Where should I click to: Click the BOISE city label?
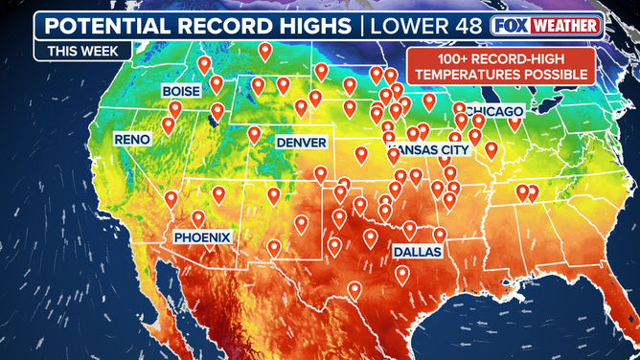tap(181, 91)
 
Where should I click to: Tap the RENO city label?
tap(132, 140)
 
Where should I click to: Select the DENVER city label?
tap(302, 142)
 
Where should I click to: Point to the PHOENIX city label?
tap(202, 236)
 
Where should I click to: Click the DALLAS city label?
tap(417, 251)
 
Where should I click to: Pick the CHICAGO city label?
tap(491, 111)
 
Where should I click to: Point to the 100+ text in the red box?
tap(436, 57)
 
